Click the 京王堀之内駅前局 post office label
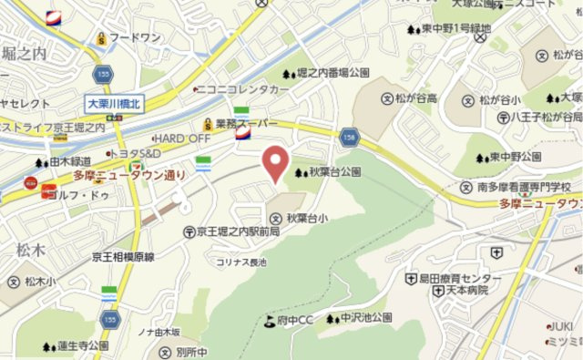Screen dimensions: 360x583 (x=237, y=232)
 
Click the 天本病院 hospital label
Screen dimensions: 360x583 (x=467, y=290)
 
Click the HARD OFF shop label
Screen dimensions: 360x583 (x=182, y=137)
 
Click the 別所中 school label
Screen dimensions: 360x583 (x=195, y=351)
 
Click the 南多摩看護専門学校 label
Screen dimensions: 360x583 (x=530, y=186)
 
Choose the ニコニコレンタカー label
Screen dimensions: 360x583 (x=241, y=90)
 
